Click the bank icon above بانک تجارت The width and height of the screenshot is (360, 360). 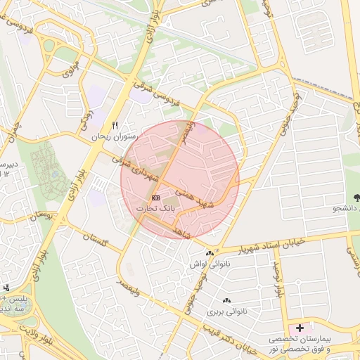[x=155, y=198]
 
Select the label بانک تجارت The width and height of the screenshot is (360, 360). [x=156, y=209]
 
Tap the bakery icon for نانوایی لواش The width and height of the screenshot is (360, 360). [x=209, y=254]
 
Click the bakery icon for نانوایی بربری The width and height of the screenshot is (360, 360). [x=229, y=298]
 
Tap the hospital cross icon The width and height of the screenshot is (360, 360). [x=301, y=328]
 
